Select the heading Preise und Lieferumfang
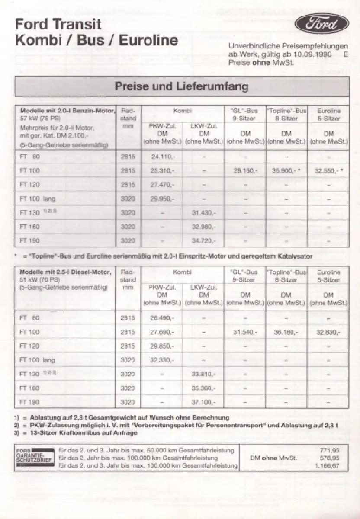[181, 86]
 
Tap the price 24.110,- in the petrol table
[161, 157]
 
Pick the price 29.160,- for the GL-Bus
[245, 171]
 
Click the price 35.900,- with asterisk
[286, 171]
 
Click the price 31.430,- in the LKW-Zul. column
[203, 212]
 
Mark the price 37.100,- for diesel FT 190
[203, 402]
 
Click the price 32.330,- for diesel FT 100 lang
[161, 360]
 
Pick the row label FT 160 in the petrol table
[29, 226]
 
